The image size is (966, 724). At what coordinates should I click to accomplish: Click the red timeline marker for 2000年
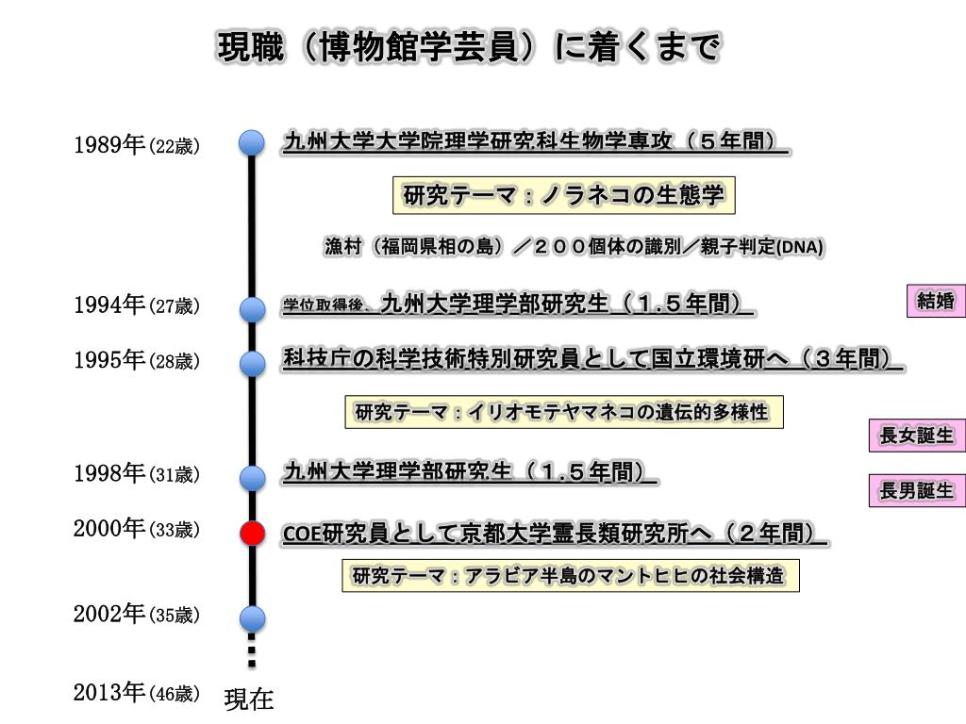coord(252,533)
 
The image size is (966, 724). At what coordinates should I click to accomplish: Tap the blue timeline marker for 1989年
coord(252,142)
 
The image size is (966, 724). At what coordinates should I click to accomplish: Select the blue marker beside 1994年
coord(252,308)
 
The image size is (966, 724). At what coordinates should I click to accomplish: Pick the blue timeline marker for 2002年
coord(252,618)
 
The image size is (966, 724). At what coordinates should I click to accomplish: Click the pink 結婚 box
coord(936,302)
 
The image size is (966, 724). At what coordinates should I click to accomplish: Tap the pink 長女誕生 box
coord(917,436)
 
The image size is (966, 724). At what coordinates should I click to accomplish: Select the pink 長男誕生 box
coord(917,491)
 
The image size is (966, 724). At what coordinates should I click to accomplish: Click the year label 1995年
coord(109,361)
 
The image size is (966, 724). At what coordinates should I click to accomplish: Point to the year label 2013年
coord(109,693)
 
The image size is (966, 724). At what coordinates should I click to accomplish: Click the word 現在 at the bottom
coord(249,699)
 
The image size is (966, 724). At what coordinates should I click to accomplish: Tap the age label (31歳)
coord(175,475)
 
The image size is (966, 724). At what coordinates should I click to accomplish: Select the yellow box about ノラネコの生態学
coord(563,196)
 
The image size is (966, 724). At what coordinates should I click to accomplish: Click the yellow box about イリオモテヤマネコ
coord(563,412)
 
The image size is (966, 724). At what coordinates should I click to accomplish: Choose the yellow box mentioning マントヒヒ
coord(570,575)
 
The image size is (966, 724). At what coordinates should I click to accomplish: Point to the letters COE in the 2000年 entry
coord(303,535)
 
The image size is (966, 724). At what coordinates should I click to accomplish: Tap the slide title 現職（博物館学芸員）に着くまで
coord(469,47)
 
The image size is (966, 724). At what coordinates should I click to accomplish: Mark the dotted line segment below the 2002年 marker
coord(252,650)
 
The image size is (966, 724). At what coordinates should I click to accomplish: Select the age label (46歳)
coord(175,695)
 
